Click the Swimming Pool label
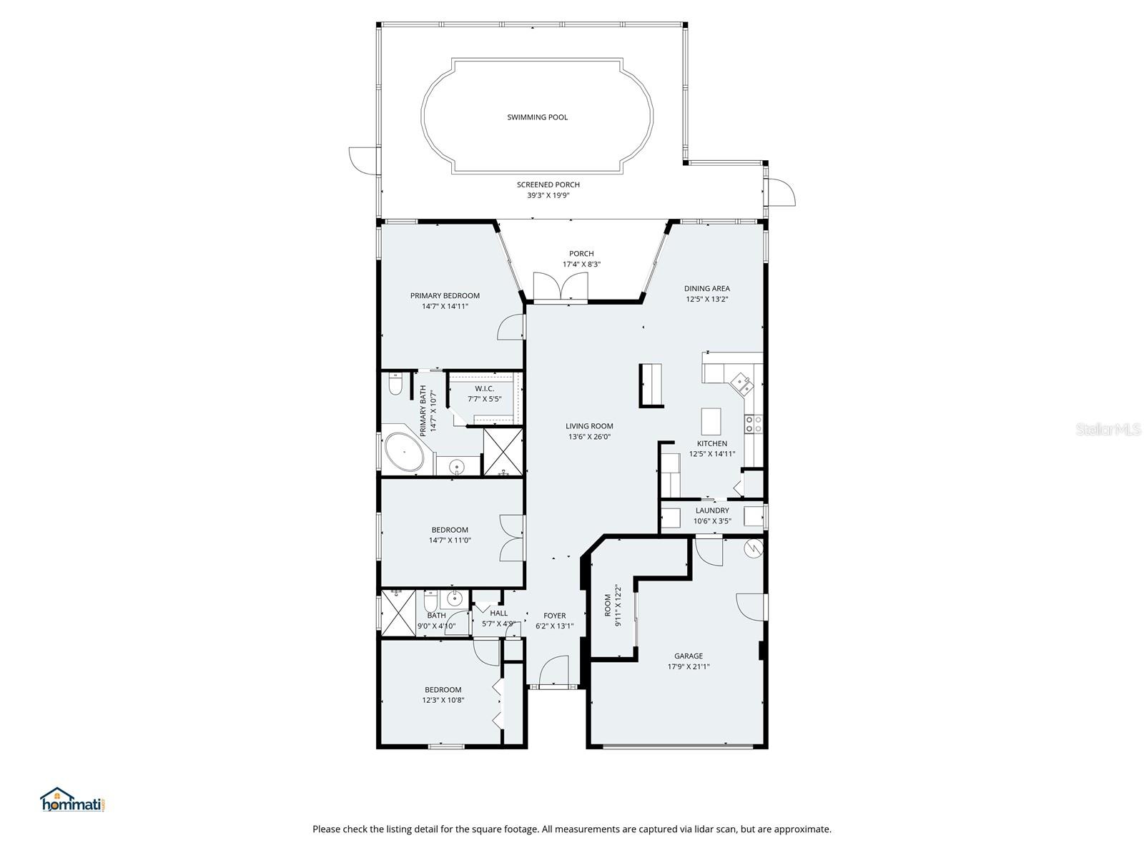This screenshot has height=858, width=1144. [x=538, y=117]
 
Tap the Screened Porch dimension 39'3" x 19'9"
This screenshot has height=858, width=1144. [x=548, y=195]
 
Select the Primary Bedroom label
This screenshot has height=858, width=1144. [x=445, y=295]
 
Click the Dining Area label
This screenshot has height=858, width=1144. [x=706, y=288]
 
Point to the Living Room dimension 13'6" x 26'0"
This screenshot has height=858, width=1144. [x=589, y=437]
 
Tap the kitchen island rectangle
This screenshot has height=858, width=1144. [x=711, y=421]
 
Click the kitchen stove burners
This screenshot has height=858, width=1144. [x=754, y=423]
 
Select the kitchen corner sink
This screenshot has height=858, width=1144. [x=742, y=385]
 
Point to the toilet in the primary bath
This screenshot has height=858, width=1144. [x=395, y=384]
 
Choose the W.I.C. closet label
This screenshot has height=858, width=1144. [x=484, y=389]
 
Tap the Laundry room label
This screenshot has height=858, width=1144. [x=712, y=511]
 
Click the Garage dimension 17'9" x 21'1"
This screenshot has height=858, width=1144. [x=689, y=666]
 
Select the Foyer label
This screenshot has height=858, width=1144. [x=555, y=615]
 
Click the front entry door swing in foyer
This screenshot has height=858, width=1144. [x=553, y=671]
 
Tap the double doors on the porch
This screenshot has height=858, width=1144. [x=561, y=286]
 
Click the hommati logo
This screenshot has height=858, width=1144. [x=72, y=799]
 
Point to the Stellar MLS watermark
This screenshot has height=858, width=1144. [x=1108, y=429]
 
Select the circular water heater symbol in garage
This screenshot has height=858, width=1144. [x=754, y=548]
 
